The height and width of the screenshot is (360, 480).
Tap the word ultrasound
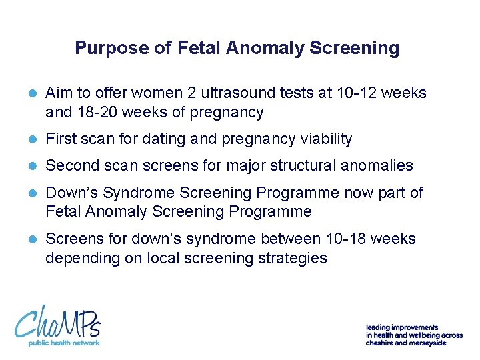pyautogui.click(x=220, y=93)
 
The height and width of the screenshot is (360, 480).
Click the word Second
pyautogui.click(x=72, y=165)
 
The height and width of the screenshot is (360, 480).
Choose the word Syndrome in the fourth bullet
pyautogui.click(x=131, y=193)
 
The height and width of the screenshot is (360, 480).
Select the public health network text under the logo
pyautogui.click(x=63, y=343)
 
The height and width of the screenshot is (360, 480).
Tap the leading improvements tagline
pyautogui.click(x=413, y=335)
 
